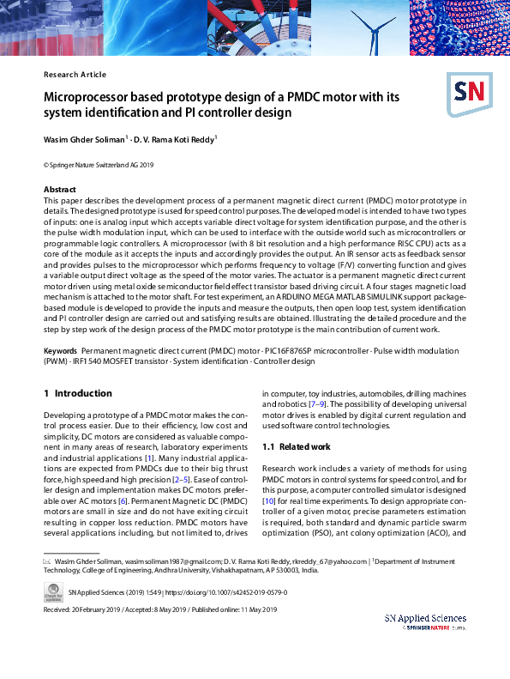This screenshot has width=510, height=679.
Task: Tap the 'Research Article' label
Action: click(x=75, y=75)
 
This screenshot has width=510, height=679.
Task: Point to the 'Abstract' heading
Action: click(x=59, y=189)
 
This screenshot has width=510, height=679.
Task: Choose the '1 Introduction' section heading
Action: click(x=77, y=393)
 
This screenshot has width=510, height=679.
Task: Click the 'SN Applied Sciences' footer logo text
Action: click(x=425, y=618)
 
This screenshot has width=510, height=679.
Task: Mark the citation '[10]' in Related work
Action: click(x=267, y=500)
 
